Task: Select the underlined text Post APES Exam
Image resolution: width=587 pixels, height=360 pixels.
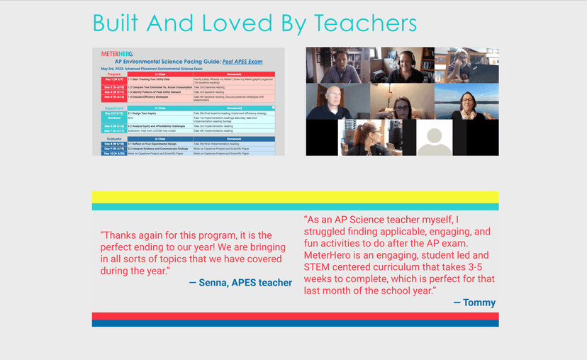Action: coord(242,62)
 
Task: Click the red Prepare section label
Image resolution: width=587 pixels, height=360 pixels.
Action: coord(113,74)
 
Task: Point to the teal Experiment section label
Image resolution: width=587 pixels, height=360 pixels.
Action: coord(113,108)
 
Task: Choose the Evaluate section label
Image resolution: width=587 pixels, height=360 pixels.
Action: coord(113,139)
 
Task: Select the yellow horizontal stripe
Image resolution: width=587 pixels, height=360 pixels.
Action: coord(295,197)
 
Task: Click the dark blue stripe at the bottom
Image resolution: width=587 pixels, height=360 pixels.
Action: coord(295,323)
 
